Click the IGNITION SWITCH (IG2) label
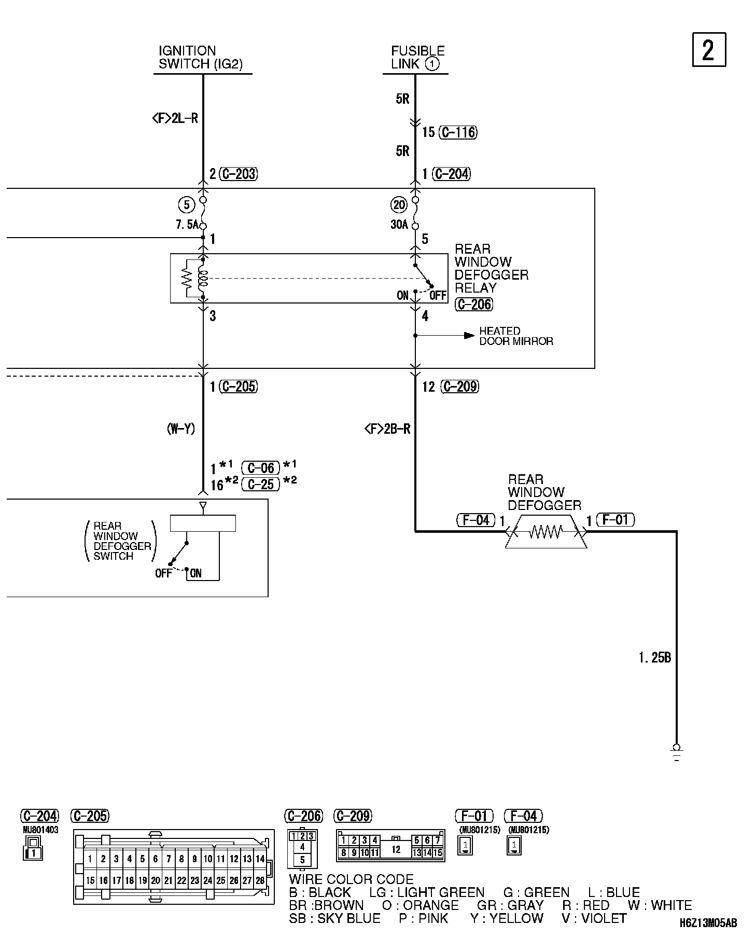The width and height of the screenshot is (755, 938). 200,58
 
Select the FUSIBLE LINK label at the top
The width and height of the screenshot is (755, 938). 417,58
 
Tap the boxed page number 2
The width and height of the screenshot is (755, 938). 708,50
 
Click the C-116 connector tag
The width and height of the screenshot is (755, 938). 458,132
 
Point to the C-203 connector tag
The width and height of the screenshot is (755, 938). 239,174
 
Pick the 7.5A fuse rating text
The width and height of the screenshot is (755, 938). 186,225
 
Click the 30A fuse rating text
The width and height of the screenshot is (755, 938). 399,225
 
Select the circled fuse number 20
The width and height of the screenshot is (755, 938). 399,205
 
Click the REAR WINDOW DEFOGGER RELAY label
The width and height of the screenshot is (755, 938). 491,269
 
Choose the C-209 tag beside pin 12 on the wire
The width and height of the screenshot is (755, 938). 459,387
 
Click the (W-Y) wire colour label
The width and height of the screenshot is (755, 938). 180,429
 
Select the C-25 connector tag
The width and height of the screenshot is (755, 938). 260,484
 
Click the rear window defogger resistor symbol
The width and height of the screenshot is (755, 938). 546,531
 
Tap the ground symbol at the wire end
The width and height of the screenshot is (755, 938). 676,751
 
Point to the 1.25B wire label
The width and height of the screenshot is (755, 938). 654,658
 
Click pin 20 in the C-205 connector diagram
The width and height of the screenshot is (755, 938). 155,880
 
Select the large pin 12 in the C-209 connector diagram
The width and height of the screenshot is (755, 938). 396,849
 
